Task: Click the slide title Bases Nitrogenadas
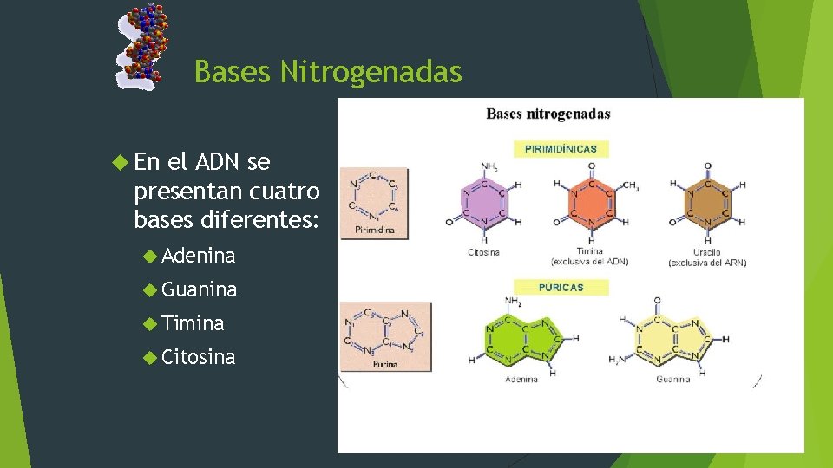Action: pyautogui.click(x=328, y=72)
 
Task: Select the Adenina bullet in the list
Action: pyautogui.click(x=198, y=256)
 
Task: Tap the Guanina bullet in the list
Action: pyautogui.click(x=199, y=289)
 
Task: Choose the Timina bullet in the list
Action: pyautogui.click(x=193, y=323)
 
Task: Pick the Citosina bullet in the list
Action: pyautogui.click(x=198, y=357)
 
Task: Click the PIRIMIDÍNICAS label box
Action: pyautogui.click(x=561, y=148)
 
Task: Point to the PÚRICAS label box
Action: pyautogui.click(x=561, y=287)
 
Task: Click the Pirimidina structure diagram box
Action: pyautogui.click(x=374, y=203)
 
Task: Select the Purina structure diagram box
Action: pyautogui.click(x=386, y=336)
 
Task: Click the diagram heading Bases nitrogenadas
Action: pyautogui.click(x=548, y=114)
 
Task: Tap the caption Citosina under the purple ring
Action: pyautogui.click(x=482, y=252)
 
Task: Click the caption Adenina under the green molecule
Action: pyautogui.click(x=521, y=379)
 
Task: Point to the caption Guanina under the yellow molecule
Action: pyautogui.click(x=672, y=379)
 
